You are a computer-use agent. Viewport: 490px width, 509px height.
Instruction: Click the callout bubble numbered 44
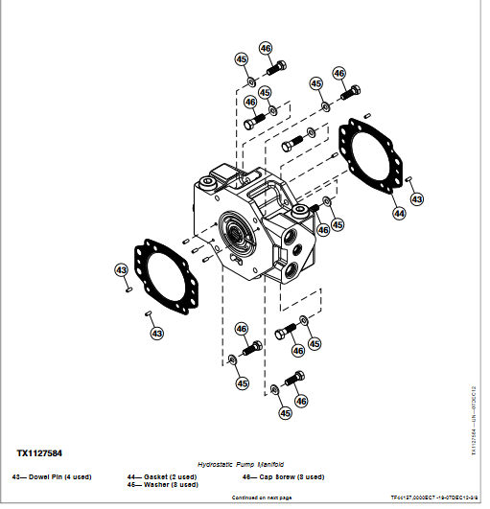click(x=399, y=213)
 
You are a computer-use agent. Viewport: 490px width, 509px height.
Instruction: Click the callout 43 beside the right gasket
click(x=415, y=198)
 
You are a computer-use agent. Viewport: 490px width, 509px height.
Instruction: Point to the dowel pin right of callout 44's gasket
click(x=408, y=180)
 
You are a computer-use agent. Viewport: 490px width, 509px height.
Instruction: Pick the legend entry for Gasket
click(x=161, y=476)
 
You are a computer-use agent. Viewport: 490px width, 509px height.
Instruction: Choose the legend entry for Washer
click(x=162, y=484)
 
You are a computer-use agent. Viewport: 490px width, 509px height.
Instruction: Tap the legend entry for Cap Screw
click(x=283, y=476)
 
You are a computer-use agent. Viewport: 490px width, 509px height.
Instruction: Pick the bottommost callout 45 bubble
click(x=285, y=413)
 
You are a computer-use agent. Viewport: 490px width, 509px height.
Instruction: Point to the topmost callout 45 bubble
click(x=242, y=59)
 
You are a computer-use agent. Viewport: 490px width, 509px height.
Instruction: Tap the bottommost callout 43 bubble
click(x=156, y=333)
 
